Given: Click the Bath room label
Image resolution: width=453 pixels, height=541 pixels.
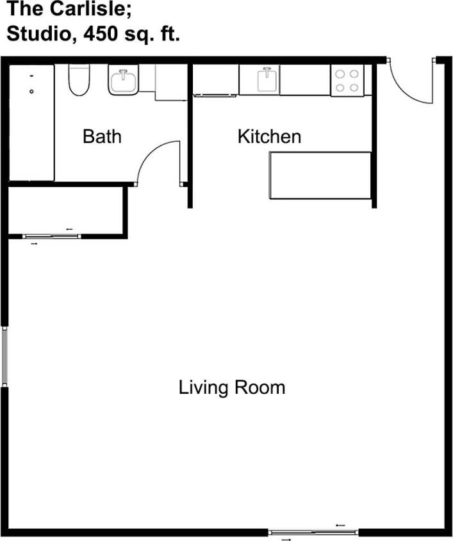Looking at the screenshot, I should pos(102,136).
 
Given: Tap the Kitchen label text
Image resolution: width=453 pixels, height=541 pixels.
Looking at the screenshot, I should pos(269,136).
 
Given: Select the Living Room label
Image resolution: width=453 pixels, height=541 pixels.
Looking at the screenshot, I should pos(231,387).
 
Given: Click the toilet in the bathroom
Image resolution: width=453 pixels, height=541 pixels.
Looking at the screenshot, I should pos(78,79).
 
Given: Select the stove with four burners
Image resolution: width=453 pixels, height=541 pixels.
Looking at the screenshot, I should pos(347,80).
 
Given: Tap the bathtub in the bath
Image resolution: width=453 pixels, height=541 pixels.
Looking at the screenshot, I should pos(31,122).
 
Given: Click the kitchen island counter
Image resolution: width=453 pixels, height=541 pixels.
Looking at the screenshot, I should pos(320,175).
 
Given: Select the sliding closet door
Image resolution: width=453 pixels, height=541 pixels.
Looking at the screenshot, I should pos(52,236).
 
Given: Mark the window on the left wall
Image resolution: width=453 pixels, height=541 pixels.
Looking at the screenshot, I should pos(4,357).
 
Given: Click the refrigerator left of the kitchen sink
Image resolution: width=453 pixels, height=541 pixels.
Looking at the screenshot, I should pos(216,80).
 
